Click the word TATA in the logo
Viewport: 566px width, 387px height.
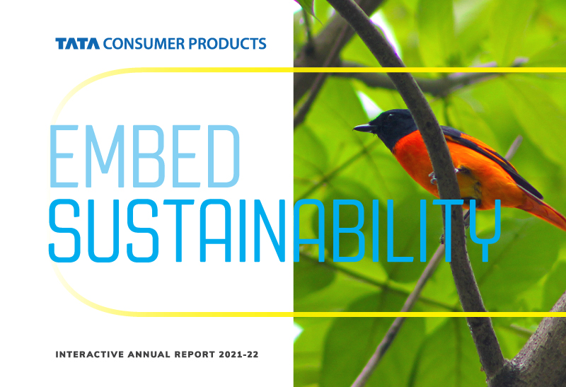[78, 44]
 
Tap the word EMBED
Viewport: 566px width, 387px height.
[144, 155]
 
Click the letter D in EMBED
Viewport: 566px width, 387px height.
[221, 155]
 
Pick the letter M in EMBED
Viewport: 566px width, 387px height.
[106, 155]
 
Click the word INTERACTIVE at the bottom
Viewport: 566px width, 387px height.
[86, 352]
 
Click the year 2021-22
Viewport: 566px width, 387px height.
[236, 352]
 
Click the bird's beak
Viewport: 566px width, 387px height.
[362, 128]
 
